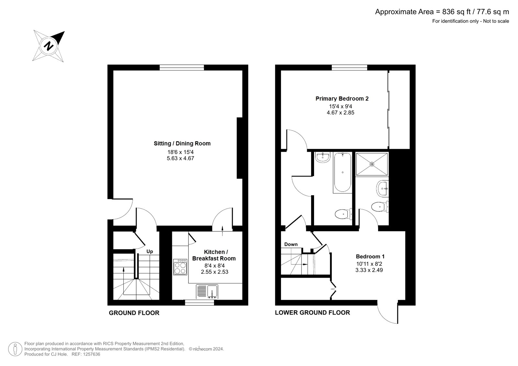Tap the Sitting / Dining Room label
click(182, 143)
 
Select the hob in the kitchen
click(180, 267)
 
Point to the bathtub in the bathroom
click(342, 172)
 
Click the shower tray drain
click(372, 164)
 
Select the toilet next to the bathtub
click(342, 214)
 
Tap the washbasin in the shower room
click(383, 188)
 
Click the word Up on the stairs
click(150, 251)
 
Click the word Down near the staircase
click(291, 244)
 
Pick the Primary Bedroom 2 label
click(342, 99)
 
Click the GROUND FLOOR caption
click(134, 313)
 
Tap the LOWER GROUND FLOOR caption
click(312, 313)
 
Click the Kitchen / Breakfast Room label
click(214, 255)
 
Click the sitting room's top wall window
click(182, 68)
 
